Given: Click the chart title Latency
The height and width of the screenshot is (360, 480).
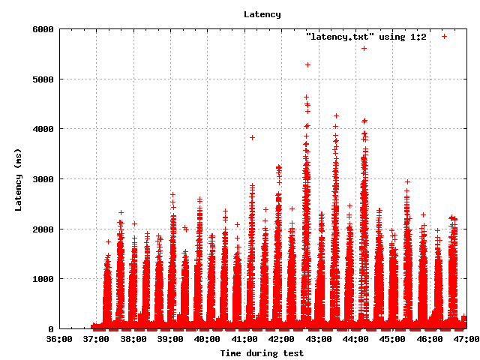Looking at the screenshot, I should (262, 14).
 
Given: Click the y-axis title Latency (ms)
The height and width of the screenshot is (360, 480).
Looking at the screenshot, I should (18, 179).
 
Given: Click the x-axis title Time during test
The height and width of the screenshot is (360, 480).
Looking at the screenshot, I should (262, 352).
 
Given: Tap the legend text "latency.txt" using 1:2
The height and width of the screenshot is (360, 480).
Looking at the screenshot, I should (366, 36).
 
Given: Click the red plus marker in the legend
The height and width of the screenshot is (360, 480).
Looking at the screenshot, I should (444, 36).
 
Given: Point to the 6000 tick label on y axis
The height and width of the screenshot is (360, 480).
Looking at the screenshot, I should (42, 29).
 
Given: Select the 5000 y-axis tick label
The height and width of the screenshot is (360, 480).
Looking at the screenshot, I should (42, 79).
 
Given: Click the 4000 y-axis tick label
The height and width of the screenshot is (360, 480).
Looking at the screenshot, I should (42, 129).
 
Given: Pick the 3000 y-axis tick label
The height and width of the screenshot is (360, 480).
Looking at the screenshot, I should (42, 179).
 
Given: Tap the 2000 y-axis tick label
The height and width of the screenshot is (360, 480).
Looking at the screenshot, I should (42, 229).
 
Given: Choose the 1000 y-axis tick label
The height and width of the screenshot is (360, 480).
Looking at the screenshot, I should (42, 279).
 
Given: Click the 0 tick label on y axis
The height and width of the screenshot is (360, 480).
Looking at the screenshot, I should (50, 329).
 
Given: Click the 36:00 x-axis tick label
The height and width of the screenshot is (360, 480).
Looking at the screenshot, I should (59, 339).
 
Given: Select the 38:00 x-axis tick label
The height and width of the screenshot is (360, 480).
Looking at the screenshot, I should (133, 339).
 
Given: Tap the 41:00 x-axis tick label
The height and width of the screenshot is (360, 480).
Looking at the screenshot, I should (244, 339).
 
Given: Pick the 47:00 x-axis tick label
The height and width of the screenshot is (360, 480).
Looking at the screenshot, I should (466, 339).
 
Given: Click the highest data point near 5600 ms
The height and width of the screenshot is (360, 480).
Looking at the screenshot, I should (364, 48).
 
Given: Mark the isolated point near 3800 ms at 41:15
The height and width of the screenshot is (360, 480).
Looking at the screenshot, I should (252, 137).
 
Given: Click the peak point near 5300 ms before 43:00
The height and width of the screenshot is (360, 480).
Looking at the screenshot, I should (307, 64).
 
